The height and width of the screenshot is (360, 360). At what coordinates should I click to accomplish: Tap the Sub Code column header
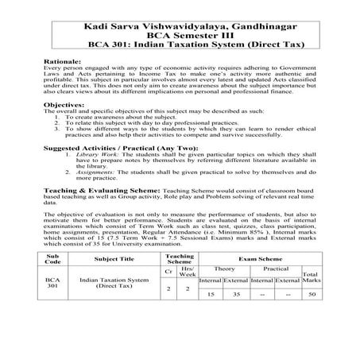click(x=52, y=303)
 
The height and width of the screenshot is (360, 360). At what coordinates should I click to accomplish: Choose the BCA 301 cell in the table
click(x=52, y=327)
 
